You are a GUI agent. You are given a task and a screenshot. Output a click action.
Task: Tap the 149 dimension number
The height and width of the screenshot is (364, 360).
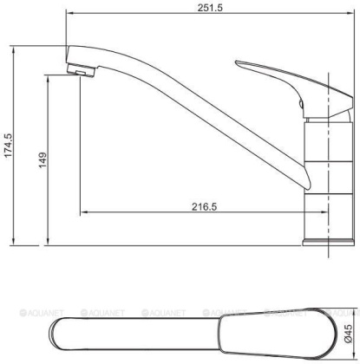tap(42, 162)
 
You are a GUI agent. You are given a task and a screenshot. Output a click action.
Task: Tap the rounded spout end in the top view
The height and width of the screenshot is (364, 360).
tap(61, 331)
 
